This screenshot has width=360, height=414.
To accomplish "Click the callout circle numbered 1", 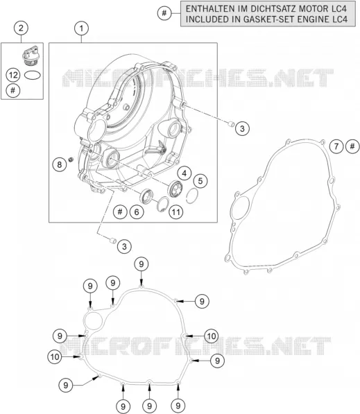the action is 81,28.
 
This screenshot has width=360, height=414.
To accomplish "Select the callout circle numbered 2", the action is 21,28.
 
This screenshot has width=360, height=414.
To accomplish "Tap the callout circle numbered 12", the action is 13,76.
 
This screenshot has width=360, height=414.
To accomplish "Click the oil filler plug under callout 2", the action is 30,55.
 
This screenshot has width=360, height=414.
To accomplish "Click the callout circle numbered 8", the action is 59,164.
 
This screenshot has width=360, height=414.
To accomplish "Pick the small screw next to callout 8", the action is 71,159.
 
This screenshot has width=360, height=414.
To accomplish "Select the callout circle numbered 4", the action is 185,173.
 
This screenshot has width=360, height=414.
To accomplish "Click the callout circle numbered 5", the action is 200,181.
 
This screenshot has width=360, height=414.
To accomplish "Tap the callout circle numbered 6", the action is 137,212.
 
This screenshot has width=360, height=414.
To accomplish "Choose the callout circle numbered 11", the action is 176,212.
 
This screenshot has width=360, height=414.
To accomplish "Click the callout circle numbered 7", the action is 336,146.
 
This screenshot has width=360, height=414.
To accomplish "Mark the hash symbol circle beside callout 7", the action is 352,146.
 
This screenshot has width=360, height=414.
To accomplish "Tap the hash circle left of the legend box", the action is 164,12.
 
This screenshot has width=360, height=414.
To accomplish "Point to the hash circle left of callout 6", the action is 120,212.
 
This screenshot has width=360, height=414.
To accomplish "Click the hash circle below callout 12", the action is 13,91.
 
